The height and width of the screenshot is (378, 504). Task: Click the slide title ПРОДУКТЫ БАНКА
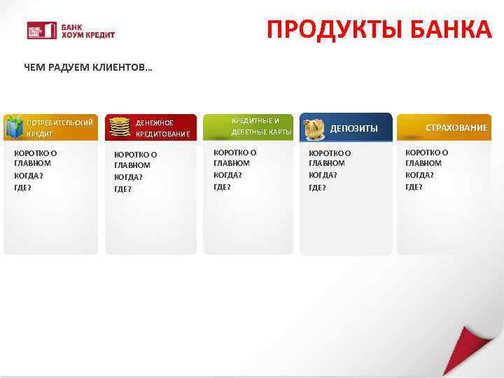pyautogui.click(x=379, y=30)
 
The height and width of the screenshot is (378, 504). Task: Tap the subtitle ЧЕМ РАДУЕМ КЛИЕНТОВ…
pyautogui.click(x=88, y=68)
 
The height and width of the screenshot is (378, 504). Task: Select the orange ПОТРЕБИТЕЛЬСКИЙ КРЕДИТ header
pyautogui.click(x=59, y=127)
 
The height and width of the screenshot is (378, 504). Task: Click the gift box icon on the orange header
pyautogui.click(x=13, y=127)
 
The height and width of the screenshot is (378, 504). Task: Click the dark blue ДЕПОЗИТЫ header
pyautogui.click(x=353, y=128)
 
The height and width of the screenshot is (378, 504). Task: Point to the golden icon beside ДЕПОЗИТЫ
pyautogui.click(x=314, y=128)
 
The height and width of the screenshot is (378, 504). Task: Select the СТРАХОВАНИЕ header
pyautogui.click(x=456, y=127)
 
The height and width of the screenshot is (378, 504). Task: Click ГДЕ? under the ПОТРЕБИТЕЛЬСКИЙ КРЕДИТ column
pyautogui.click(x=22, y=188)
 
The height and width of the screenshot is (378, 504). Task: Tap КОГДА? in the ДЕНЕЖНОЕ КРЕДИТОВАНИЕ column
pyautogui.click(x=128, y=177)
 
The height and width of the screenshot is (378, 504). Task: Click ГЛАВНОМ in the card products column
pyautogui.click(x=231, y=163)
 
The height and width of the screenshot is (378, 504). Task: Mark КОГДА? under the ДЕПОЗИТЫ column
pyautogui.click(x=323, y=175)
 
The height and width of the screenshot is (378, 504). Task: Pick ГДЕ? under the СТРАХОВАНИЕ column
pyautogui.click(x=414, y=187)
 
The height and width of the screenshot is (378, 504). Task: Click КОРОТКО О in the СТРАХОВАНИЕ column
pyautogui.click(x=427, y=152)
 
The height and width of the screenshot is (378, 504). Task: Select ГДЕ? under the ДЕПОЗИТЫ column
pyautogui.click(x=317, y=187)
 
